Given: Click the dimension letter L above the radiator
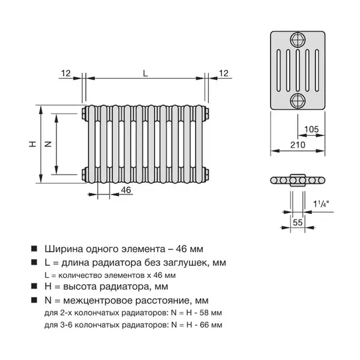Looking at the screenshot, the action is [x=145, y=73].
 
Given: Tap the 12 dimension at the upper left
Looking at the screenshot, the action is [x=65, y=73].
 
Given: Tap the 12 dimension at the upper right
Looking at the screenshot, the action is [x=224, y=73].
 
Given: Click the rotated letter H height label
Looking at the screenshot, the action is [x=32, y=144].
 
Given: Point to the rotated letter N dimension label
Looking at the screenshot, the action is [x=48, y=144].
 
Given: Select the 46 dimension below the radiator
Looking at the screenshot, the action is [x=126, y=190].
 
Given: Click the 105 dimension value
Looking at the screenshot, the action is [x=311, y=129].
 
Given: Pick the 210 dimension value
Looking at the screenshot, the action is [x=298, y=145].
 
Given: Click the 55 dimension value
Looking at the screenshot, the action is [x=298, y=223].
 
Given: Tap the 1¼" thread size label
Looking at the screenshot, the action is [x=321, y=203].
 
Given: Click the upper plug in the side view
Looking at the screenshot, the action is [x=298, y=40].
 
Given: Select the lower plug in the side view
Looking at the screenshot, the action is [x=298, y=101].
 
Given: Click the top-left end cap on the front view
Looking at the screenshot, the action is [x=84, y=113].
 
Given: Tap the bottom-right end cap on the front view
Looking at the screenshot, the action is [x=207, y=175].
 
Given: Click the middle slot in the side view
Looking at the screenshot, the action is [x=298, y=70].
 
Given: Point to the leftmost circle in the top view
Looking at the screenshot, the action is [x=274, y=181].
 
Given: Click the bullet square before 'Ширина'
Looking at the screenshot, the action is [x=34, y=248].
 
